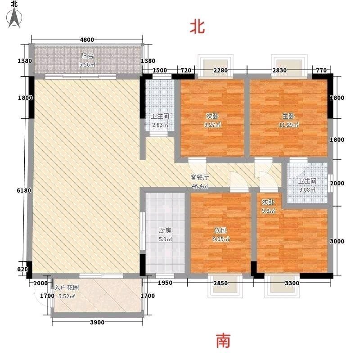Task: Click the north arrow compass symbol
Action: [14, 17]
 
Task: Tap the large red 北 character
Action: [197, 27]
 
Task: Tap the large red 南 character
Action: [223, 341]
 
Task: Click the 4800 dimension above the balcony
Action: [87, 40]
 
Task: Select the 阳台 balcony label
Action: [87, 56]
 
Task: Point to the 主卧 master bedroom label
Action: [288, 116]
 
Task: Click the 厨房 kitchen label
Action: [165, 230]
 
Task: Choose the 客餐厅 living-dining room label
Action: [200, 177]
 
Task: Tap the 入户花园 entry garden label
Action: [67, 288]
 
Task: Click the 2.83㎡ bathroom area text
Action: [160, 125]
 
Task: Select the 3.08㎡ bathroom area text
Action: [307, 189]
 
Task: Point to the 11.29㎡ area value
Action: [288, 125]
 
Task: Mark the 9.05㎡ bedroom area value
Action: [221, 239]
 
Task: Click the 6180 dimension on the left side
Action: [24, 190]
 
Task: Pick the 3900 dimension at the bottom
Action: [97, 322]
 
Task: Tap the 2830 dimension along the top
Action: [279, 70]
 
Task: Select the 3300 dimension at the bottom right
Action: [292, 283]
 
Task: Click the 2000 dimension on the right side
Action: [337, 183]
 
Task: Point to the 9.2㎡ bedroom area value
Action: [268, 211]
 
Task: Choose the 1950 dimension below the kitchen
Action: [165, 283]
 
